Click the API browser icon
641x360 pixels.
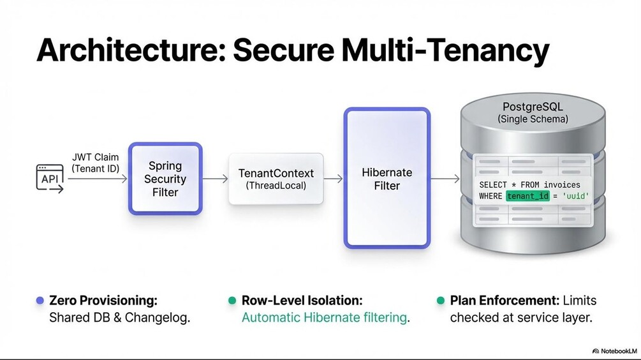click(50, 179)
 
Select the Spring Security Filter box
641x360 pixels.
click(165, 178)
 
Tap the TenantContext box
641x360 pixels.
click(276, 179)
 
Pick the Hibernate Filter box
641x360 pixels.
click(387, 178)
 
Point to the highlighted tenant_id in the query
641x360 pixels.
click(527, 196)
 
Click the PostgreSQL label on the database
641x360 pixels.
click(533, 105)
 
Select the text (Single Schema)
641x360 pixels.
click(533, 119)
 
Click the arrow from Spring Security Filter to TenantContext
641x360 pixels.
click(215, 179)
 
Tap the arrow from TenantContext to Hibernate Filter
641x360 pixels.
click(334, 179)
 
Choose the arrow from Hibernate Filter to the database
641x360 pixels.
click(445, 179)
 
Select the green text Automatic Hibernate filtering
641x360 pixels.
click(324, 317)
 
